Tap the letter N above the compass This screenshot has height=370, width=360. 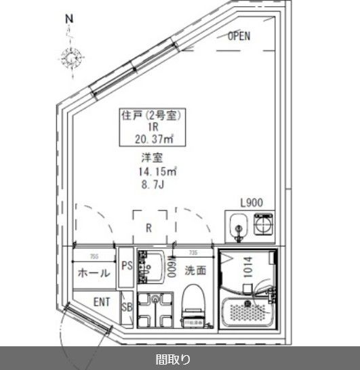[68, 20]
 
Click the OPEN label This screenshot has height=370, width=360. [239, 37]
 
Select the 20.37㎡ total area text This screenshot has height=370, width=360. [154, 140]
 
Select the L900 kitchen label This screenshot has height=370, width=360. [252, 202]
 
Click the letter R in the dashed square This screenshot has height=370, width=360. [148, 228]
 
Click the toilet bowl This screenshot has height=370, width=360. [193, 299]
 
